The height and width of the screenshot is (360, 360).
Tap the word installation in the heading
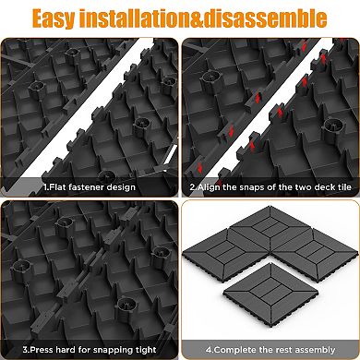tap(150, 18)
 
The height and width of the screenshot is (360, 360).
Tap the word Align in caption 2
tap(210, 186)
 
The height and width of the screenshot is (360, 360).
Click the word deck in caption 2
tap(317, 186)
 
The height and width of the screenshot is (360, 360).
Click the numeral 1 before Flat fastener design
tap(43, 186)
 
